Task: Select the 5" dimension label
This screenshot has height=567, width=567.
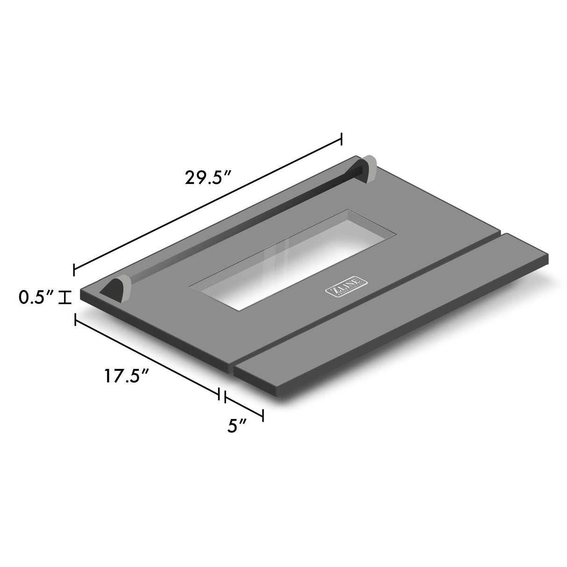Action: (x=237, y=426)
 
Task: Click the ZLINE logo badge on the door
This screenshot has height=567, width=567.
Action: (x=346, y=287)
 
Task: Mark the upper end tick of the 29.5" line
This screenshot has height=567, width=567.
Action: (x=342, y=139)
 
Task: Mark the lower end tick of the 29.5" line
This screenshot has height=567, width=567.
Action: (x=74, y=269)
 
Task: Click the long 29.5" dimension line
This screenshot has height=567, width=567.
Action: (x=208, y=204)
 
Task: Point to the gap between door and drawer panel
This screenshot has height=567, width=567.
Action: (x=364, y=299)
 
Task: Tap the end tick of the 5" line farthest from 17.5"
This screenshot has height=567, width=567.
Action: (x=263, y=415)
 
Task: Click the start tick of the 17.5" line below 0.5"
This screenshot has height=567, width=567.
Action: (x=75, y=319)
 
